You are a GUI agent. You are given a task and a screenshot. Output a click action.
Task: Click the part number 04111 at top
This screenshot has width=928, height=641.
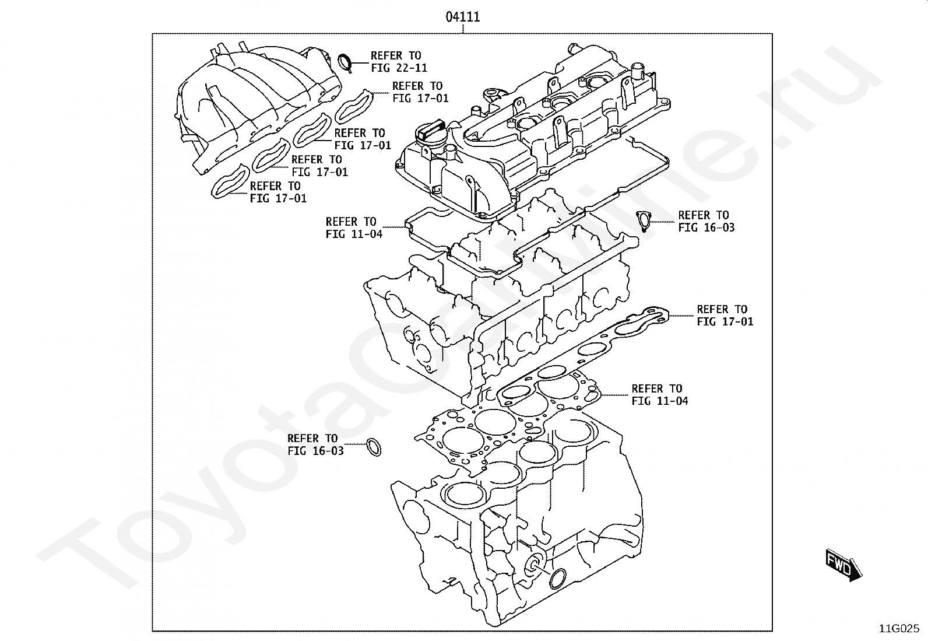coord(463,17)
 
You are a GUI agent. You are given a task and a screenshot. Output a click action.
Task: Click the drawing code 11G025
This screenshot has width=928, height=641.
coord(899,629)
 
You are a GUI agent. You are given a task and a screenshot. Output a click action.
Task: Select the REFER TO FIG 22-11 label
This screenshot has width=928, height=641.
coord(399,62)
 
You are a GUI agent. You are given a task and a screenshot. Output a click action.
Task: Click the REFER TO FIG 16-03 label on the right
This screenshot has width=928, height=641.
coord(706,221)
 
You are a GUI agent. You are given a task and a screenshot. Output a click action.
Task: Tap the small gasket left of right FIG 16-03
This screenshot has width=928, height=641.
coord(644,220)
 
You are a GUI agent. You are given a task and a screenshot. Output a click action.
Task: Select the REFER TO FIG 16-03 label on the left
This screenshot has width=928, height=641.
coord(315,444)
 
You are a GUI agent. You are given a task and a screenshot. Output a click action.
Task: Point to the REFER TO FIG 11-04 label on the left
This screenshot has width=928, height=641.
coord(354,227)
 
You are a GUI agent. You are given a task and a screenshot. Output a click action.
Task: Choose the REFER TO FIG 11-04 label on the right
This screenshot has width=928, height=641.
coord(659,394)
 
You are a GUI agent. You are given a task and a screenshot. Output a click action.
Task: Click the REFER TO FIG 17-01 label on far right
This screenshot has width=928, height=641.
coord(725,315)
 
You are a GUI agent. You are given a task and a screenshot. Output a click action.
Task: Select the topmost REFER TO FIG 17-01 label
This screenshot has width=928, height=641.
coord(420,92)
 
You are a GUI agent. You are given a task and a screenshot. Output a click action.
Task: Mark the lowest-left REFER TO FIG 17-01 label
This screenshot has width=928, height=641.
coord(278,192)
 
